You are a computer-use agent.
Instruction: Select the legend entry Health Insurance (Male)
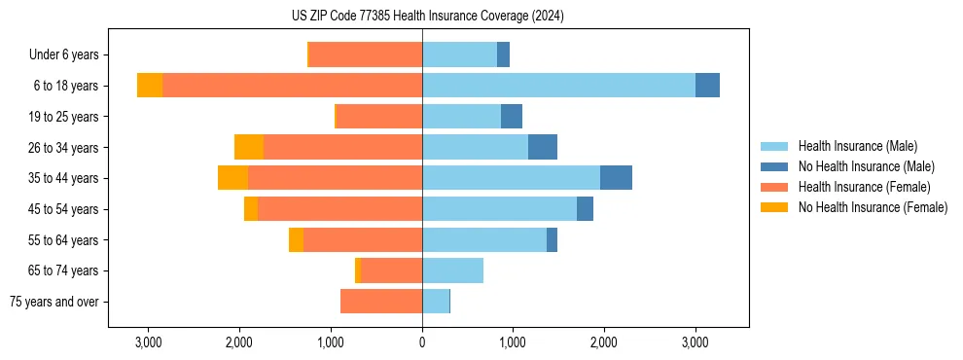point(857,146)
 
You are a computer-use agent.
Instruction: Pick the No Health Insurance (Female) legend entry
point(873,207)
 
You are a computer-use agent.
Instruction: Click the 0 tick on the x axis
point(422,342)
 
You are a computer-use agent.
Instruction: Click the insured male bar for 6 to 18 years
point(558,86)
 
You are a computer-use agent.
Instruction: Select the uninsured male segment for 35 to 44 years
point(616,178)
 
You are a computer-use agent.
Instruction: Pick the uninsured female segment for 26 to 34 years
point(249,148)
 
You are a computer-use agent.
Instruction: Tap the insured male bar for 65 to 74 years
point(452,270)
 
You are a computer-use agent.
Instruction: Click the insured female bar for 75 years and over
point(381,302)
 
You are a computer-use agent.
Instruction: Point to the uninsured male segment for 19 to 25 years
point(512,117)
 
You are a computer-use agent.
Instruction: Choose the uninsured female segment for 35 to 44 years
point(232,178)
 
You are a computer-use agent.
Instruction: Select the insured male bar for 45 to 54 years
point(499,209)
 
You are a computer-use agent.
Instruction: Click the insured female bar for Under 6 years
point(366,55)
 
